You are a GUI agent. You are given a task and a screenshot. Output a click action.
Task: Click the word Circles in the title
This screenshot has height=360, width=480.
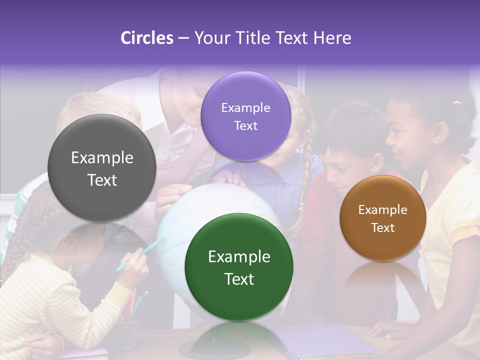tap(146, 38)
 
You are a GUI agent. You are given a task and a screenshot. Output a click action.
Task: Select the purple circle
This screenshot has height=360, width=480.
tap(245, 116)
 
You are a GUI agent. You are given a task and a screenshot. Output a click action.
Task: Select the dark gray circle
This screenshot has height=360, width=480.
tap(102, 168)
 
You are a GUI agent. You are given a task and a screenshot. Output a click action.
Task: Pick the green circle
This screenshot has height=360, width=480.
tap(239, 267)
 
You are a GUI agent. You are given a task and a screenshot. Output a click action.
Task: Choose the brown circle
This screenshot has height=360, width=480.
tap(383, 218)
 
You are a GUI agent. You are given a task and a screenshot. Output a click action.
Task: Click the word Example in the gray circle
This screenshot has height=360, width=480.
tap(102, 158)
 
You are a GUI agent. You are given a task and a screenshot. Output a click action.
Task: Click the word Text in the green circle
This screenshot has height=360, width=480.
tap(239, 279)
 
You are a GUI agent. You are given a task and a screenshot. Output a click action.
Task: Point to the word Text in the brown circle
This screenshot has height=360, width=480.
tap(383, 228)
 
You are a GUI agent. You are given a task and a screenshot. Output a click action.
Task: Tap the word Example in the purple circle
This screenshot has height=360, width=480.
tap(245, 108)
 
